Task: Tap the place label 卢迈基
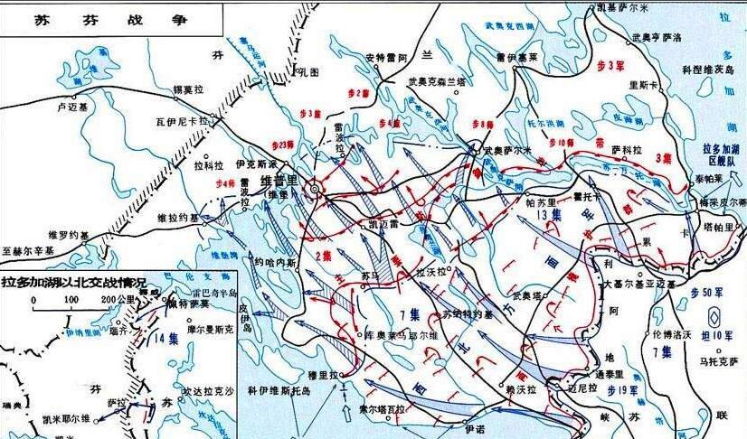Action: [x=71, y=105]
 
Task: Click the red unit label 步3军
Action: [x=612, y=66]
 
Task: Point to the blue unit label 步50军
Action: [x=708, y=294]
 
